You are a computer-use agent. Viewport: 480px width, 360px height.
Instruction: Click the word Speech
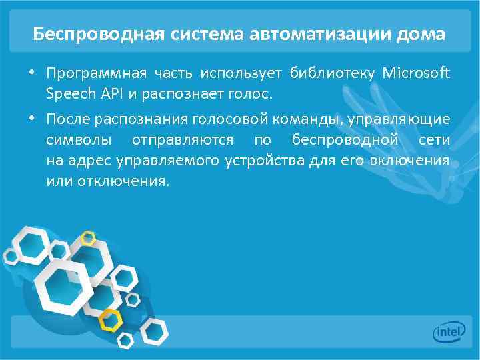(x=66, y=94)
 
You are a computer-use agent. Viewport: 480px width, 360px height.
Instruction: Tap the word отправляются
(x=183, y=140)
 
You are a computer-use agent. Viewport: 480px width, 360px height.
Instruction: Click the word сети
(x=434, y=140)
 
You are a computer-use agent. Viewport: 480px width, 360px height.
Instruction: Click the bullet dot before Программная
(x=33, y=72)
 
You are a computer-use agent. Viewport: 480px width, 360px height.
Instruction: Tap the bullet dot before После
(x=33, y=119)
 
